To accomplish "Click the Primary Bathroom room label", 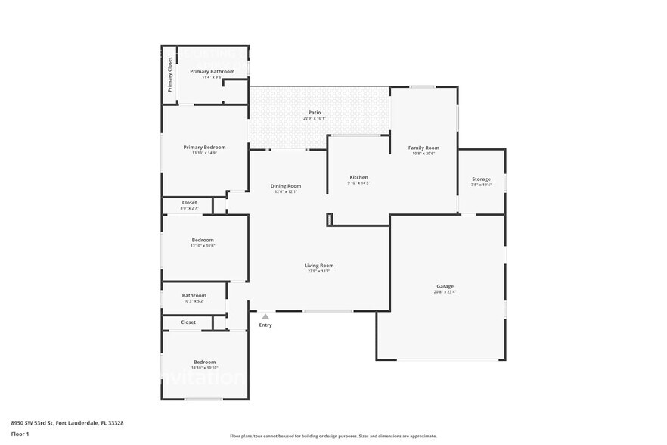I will (x=212, y=71).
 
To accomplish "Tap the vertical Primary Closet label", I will (x=170, y=74).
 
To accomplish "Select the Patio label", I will (x=314, y=112).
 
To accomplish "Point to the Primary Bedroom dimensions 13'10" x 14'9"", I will (x=204, y=153).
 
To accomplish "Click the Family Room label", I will (x=423, y=148).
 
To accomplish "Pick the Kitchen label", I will (x=358, y=177).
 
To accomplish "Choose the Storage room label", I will (x=482, y=179).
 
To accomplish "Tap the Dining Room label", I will (x=286, y=185).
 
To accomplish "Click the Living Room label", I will (x=319, y=265).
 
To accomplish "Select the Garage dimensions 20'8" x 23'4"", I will (x=445, y=291).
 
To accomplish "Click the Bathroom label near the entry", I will (x=194, y=295).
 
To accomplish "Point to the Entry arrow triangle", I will (x=265, y=316).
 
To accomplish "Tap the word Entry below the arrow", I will (x=265, y=325).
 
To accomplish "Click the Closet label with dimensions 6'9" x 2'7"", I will (x=189, y=202).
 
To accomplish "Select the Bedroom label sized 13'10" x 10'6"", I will (x=203, y=240).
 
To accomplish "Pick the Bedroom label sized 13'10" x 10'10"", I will (x=204, y=362).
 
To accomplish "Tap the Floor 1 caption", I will (x=20, y=434).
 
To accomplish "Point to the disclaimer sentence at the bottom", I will (x=333, y=436).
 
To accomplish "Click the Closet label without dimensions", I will (x=188, y=322).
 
